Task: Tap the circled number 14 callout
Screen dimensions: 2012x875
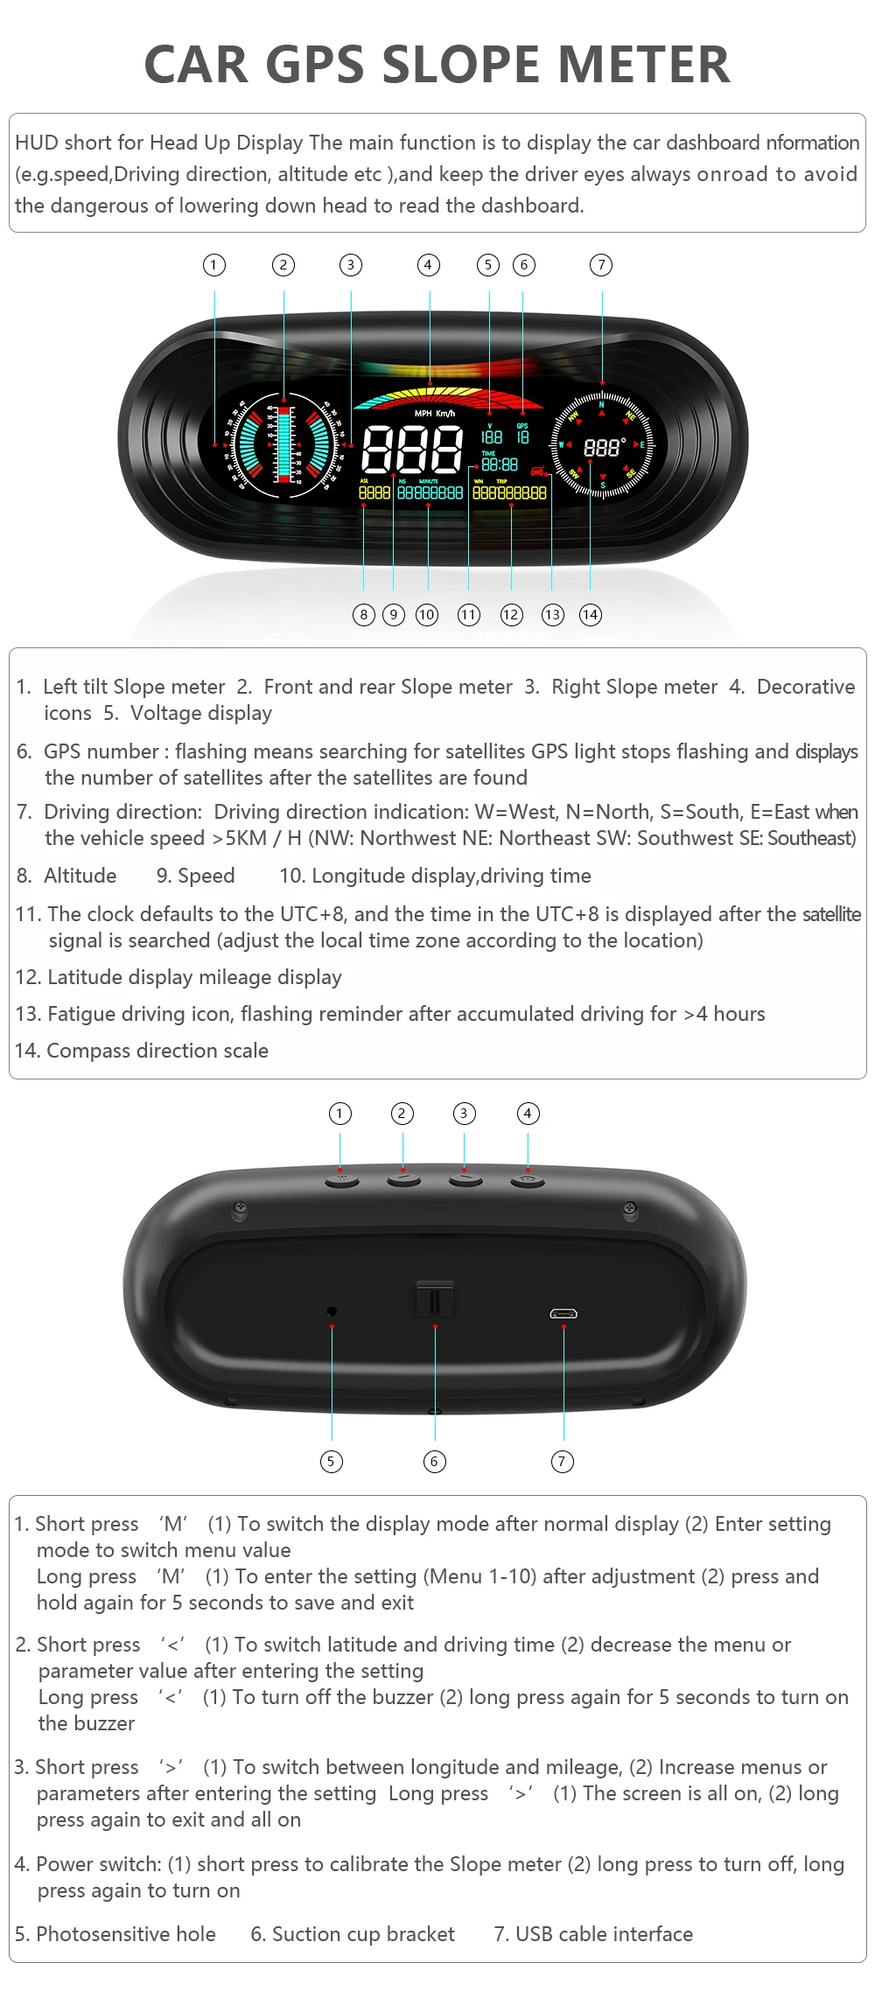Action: pyautogui.click(x=591, y=615)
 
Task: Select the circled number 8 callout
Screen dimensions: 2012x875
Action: pyautogui.click(x=364, y=615)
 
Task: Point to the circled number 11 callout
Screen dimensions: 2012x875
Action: pyautogui.click(x=469, y=615)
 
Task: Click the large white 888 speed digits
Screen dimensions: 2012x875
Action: pyautogui.click(x=412, y=449)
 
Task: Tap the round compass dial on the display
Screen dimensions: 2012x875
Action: pyautogui.click(x=602, y=447)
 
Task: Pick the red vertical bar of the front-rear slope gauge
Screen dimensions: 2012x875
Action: pyautogui.click(x=283, y=444)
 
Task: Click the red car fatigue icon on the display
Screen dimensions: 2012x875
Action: pyautogui.click(x=537, y=472)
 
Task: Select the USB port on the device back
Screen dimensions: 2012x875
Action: pyautogui.click(x=563, y=1313)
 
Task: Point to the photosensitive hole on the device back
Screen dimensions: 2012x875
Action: pyautogui.click(x=332, y=1310)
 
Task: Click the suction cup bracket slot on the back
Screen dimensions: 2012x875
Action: pyautogui.click(x=435, y=1300)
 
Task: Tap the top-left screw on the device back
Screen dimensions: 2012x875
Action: pyautogui.click(x=239, y=1210)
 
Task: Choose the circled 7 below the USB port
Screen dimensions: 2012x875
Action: pyautogui.click(x=563, y=1461)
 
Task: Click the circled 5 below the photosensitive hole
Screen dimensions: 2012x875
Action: pyautogui.click(x=331, y=1461)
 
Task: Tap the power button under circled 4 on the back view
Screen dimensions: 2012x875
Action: pyautogui.click(x=528, y=1181)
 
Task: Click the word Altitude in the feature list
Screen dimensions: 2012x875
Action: pyautogui.click(x=80, y=876)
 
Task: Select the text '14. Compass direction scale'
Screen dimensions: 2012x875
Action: pyautogui.click(x=142, y=1051)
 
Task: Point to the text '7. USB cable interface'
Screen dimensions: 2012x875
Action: pyautogui.click(x=593, y=1934)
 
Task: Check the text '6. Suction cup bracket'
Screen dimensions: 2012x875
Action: pyautogui.click(x=353, y=1934)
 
